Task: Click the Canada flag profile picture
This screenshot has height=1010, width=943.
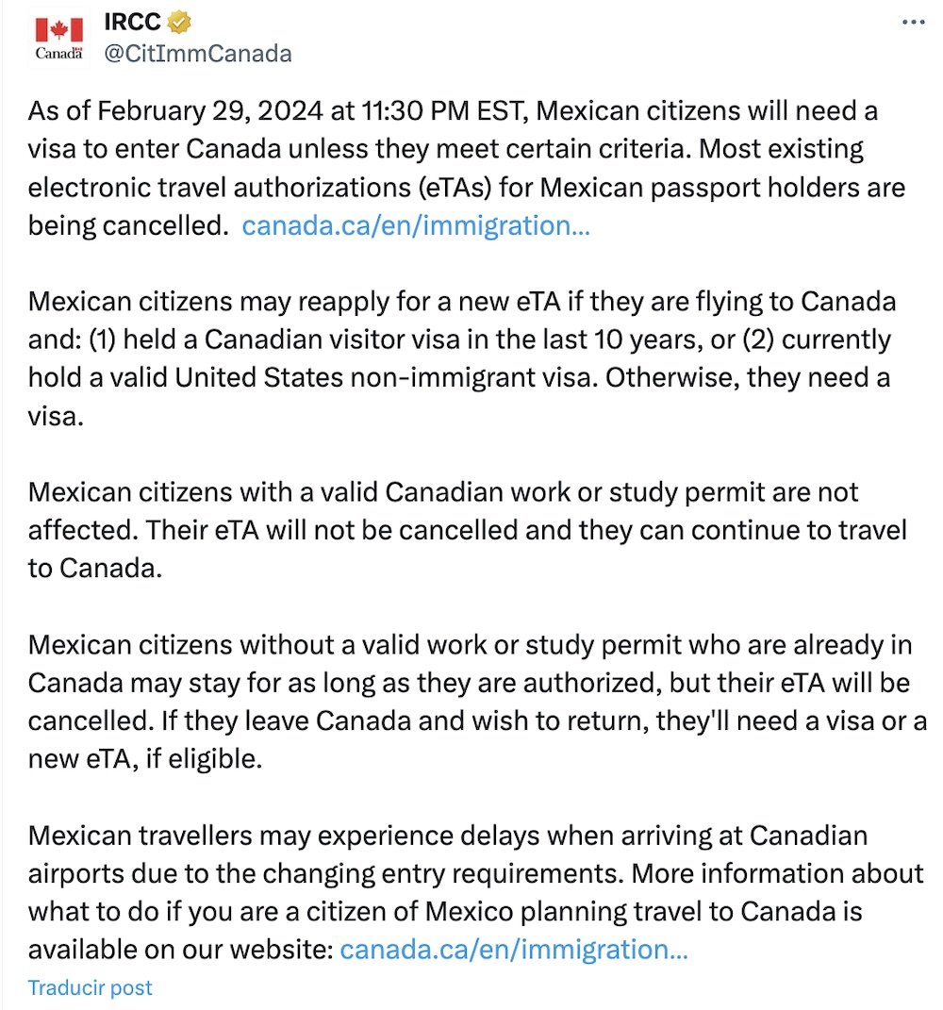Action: click(59, 40)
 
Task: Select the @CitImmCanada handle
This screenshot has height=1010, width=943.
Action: click(197, 53)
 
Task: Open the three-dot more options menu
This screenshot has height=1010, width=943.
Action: click(914, 22)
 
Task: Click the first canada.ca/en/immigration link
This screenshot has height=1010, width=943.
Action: click(416, 226)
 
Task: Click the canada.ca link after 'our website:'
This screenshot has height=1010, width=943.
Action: click(513, 949)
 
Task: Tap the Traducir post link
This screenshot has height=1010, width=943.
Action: click(90, 987)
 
